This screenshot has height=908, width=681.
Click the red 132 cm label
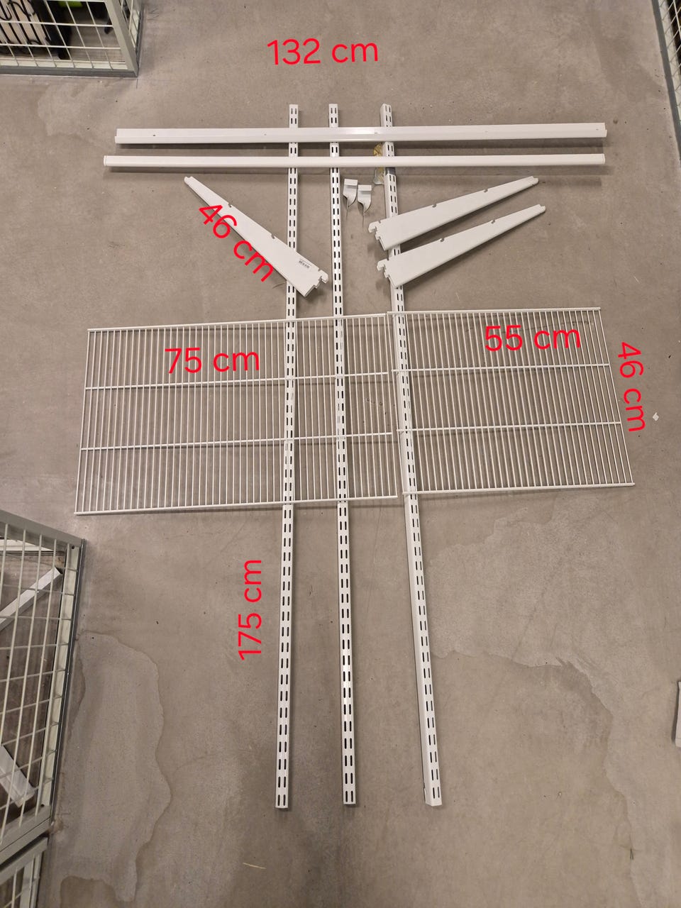(x=323, y=52)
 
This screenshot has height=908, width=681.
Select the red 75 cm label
(x=214, y=360)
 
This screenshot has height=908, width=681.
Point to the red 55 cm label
(x=532, y=338)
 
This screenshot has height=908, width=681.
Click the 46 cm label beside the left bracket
(x=236, y=243)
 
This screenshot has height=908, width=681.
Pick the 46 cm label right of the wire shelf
(x=631, y=387)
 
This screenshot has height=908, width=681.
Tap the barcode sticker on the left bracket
(x=303, y=265)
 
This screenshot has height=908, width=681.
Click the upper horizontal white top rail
(x=360, y=133)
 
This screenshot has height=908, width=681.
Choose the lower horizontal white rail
(x=354, y=161)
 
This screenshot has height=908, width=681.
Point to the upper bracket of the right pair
(x=453, y=212)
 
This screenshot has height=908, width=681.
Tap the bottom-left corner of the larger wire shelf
(x=76, y=514)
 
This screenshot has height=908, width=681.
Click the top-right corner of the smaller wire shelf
(x=599, y=308)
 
